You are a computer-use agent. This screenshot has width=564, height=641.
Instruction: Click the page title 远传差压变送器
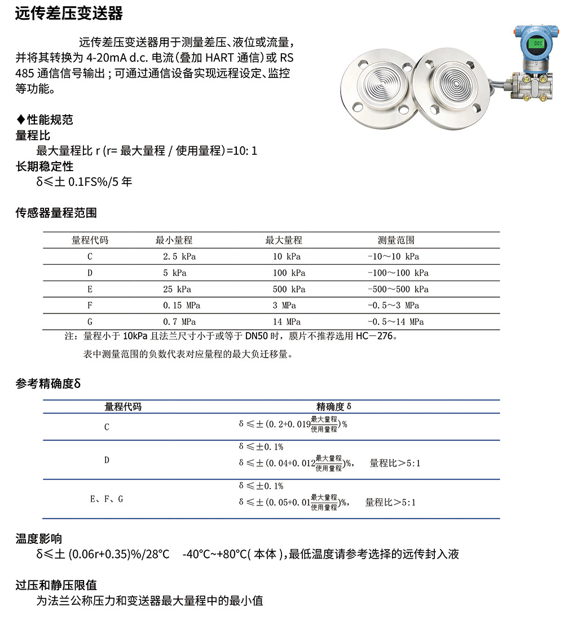[x=69, y=14]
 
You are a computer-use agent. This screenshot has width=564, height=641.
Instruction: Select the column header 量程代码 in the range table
[x=90, y=240]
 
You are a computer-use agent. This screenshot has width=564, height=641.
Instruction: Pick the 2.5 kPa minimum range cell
[x=179, y=256]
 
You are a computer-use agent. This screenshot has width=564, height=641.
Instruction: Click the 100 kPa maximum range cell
[x=288, y=273]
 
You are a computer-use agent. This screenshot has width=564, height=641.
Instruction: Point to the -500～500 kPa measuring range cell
[x=398, y=289]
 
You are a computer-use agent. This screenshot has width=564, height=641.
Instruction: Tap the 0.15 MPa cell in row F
[x=182, y=306]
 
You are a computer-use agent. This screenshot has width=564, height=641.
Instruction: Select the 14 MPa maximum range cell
[x=286, y=322]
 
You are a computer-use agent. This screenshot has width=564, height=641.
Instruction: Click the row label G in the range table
[x=90, y=322]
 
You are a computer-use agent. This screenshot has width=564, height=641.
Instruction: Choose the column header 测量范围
[x=396, y=240]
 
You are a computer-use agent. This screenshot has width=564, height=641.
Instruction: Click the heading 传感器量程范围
[x=56, y=213]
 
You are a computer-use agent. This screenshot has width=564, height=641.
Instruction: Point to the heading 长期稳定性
[x=44, y=167]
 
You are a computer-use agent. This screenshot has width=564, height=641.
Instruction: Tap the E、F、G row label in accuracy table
[x=107, y=500]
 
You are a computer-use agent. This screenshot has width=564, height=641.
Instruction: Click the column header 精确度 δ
[x=334, y=407]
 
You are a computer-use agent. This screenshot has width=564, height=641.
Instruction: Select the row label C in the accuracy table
[x=107, y=427]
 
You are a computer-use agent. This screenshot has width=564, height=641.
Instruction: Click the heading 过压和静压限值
[x=56, y=585]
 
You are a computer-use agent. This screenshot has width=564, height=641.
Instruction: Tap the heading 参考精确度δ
[x=49, y=383]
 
